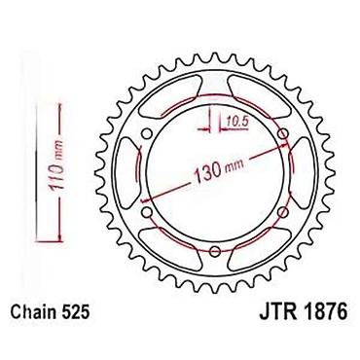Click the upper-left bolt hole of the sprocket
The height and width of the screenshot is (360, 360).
[x=147, y=133]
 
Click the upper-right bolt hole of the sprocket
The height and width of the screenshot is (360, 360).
[x=283, y=133]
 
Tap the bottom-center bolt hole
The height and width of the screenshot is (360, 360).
[x=215, y=251]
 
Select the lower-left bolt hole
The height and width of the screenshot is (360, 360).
[x=147, y=212]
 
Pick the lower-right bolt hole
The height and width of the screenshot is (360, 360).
[x=283, y=212]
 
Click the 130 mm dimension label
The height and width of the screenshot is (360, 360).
[x=218, y=170]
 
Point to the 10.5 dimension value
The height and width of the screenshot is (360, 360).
[x=236, y=123]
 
